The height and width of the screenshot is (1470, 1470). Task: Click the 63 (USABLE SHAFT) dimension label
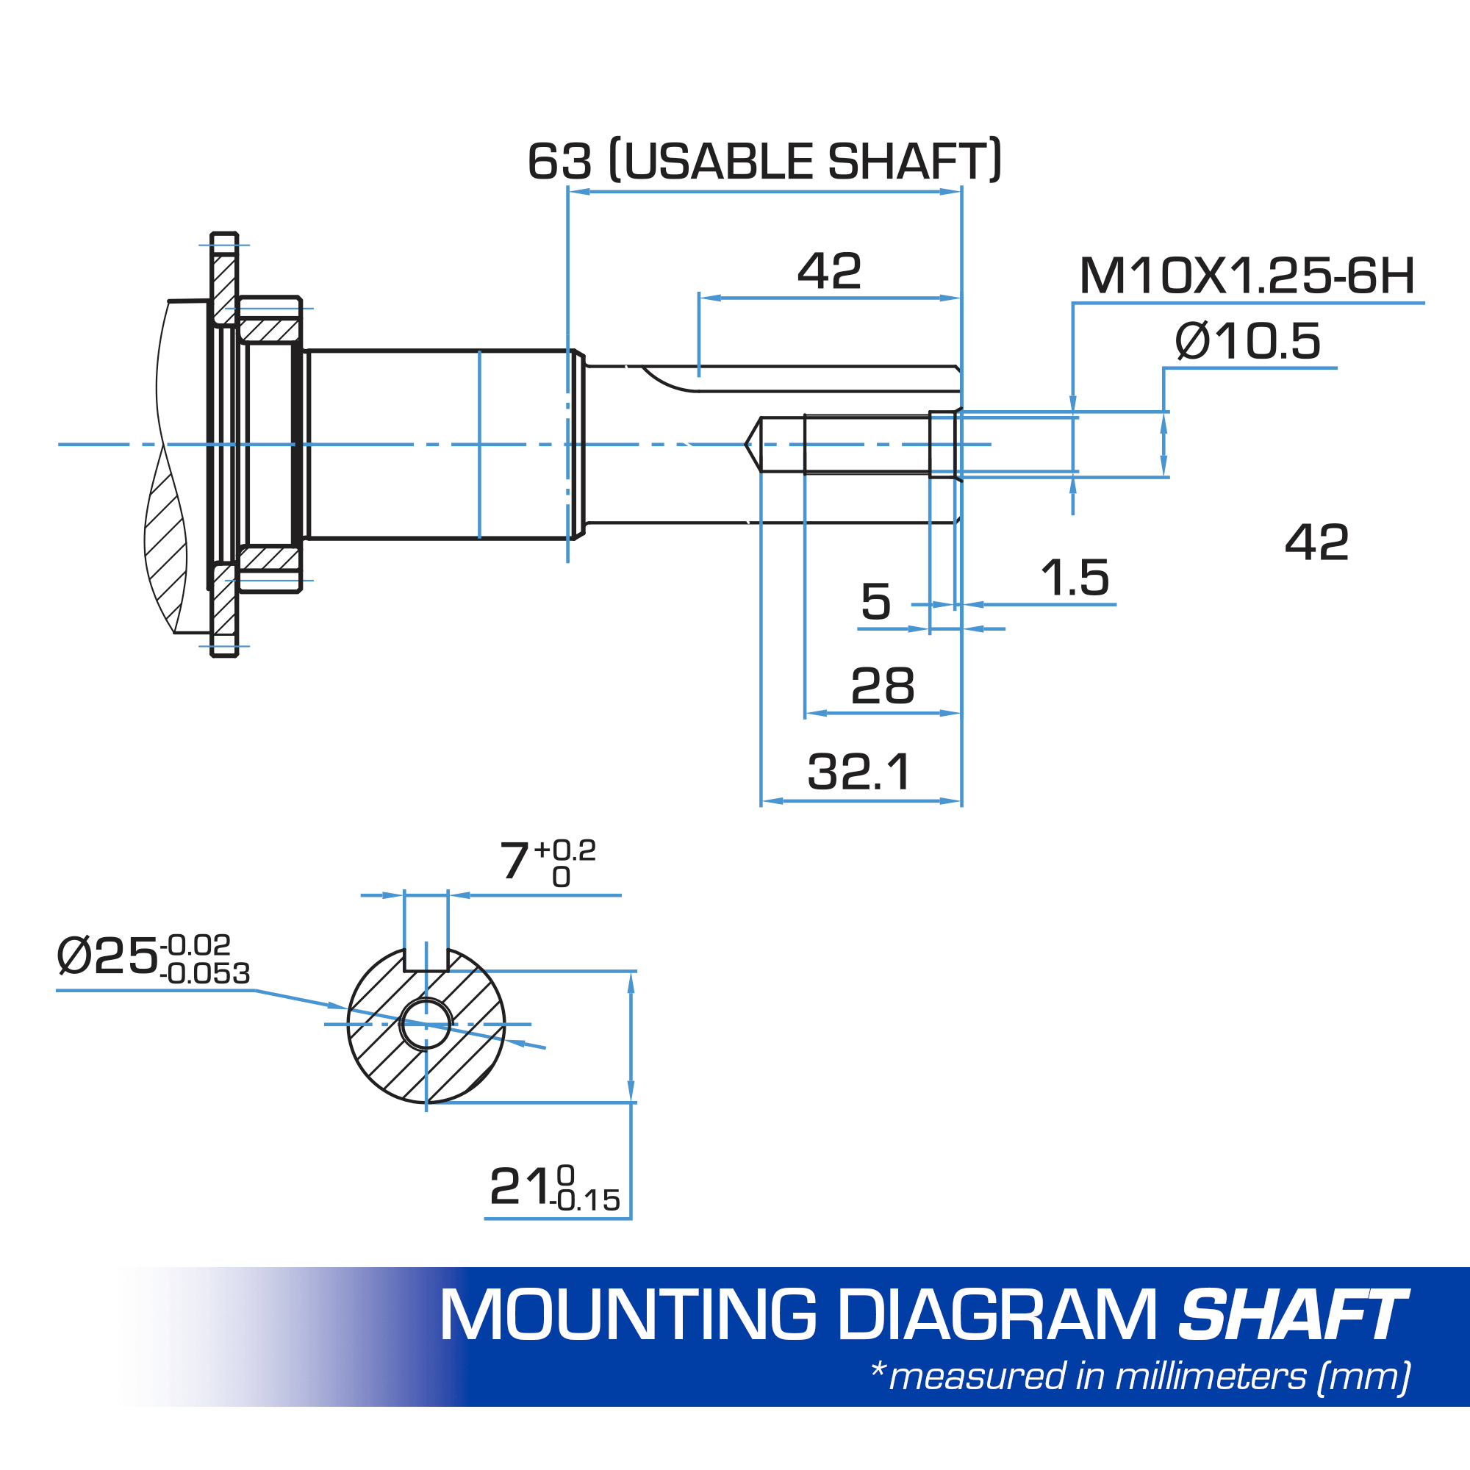764,161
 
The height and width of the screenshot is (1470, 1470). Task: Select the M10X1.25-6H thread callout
1247,276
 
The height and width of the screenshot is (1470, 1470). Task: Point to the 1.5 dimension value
1075,578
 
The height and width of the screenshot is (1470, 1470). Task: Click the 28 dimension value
883,686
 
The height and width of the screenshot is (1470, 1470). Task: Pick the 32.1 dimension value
859,772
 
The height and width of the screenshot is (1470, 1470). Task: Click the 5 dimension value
876,602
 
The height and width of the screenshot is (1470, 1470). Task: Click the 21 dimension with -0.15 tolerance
554,1187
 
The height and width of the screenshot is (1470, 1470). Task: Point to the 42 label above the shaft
829,272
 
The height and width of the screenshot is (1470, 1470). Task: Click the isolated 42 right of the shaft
1317,543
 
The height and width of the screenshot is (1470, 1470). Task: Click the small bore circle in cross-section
426,1024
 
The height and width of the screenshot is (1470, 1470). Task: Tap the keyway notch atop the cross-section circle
426,960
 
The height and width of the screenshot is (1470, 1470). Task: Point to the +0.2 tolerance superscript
565,849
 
